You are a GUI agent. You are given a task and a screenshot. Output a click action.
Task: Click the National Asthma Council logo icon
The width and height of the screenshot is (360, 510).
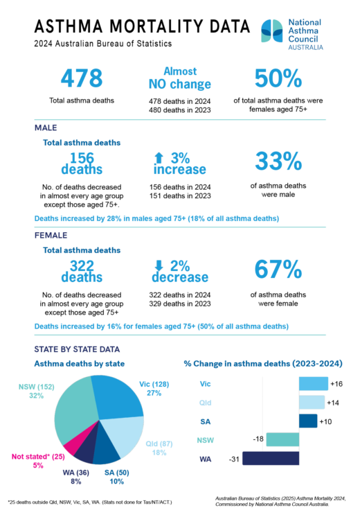272,32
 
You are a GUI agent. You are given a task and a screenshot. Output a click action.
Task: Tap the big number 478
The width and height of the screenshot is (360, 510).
82,78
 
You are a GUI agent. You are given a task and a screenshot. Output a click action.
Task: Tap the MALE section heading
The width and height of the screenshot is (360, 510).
46,127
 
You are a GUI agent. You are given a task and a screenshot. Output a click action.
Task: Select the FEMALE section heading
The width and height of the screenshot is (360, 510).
50,236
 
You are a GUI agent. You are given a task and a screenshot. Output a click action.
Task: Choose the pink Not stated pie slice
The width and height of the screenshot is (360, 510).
71,441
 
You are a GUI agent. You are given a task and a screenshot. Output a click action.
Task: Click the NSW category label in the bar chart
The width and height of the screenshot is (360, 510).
206,439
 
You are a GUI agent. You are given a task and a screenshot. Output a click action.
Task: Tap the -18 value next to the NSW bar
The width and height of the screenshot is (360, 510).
257,439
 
